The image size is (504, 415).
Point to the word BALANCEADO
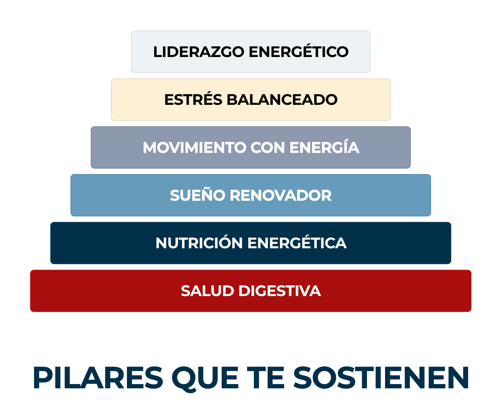pyautogui.click(x=282, y=100)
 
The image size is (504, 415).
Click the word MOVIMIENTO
pyautogui.click(x=194, y=147)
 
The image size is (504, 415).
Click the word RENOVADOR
pyautogui.click(x=281, y=195)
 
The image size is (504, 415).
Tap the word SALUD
pyautogui.click(x=207, y=291)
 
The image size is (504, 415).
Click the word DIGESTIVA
pyautogui.click(x=280, y=291)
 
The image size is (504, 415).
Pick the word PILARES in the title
pyautogui.click(x=98, y=378)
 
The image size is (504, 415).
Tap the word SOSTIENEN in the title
pyautogui.click(x=381, y=378)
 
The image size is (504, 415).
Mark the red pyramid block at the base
pyautogui.click(x=251, y=291)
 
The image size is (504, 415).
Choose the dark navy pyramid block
pyautogui.click(x=251, y=243)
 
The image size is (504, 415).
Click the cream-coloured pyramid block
pyautogui.click(x=251, y=100)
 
